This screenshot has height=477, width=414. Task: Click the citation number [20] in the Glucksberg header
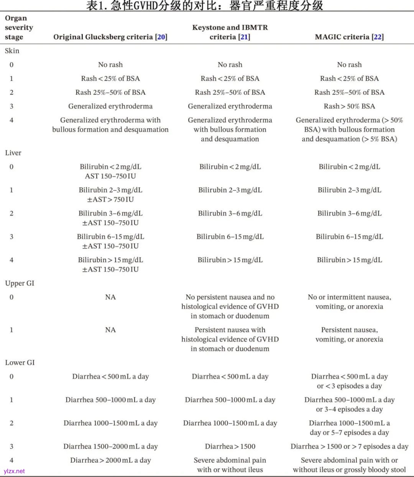pyautogui.click(x=161, y=37)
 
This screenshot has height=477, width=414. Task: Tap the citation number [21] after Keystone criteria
pyautogui.click(x=244, y=37)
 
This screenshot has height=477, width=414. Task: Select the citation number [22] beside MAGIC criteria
pyautogui.click(x=378, y=37)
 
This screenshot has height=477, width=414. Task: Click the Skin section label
pyautogui.click(x=12, y=51)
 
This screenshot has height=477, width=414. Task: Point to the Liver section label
pyautogui.click(x=13, y=153)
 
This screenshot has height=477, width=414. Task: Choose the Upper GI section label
pyautogui.click(x=20, y=284)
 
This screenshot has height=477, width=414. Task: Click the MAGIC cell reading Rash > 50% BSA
pyautogui.click(x=349, y=106)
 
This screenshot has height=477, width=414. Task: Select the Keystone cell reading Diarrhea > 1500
pyautogui.click(x=230, y=446)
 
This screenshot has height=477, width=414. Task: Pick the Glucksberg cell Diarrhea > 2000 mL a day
pyautogui.click(x=110, y=460)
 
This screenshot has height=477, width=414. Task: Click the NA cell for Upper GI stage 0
pyautogui.click(x=110, y=297)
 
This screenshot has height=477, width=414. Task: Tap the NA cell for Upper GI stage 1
pyautogui.click(x=110, y=330)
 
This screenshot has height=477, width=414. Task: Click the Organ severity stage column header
pyautogui.click(x=19, y=28)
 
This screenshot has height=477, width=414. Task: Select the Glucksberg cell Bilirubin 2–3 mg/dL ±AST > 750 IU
pyautogui.click(x=110, y=195)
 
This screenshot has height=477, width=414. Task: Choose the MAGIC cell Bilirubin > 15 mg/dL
pyautogui.click(x=349, y=260)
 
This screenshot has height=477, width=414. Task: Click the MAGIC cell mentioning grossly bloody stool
pyautogui.click(x=349, y=465)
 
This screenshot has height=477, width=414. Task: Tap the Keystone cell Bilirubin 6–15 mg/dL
pyautogui.click(x=230, y=237)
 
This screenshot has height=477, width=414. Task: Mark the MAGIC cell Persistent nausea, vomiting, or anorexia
pyautogui.click(x=349, y=334)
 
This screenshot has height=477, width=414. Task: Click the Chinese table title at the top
pyautogui.click(x=205, y=5)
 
